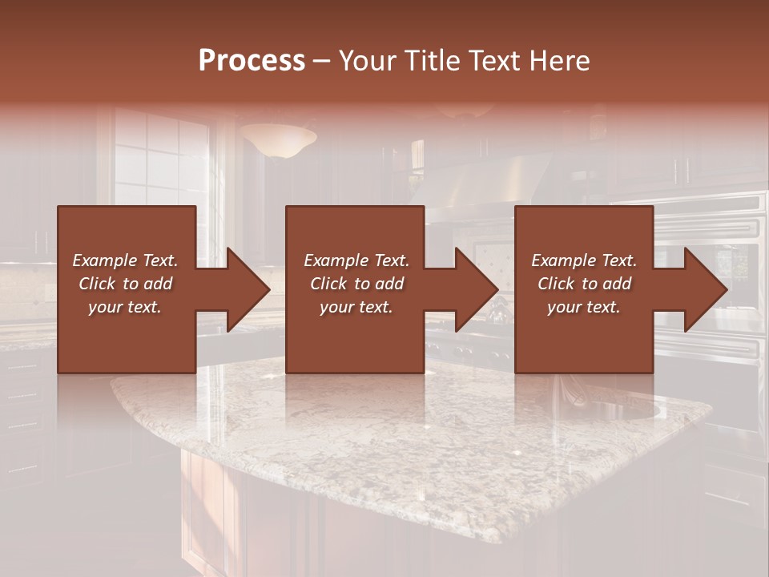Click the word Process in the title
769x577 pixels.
252,61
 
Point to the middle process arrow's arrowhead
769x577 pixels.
476,289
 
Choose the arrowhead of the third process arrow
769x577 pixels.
705,289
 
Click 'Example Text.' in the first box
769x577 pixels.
125,260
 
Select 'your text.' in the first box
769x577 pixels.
125,307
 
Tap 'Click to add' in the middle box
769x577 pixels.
356,284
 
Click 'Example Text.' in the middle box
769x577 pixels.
356,260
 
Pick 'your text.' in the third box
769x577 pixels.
584,307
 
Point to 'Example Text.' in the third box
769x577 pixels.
584,260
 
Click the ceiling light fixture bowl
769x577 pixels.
277,141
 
